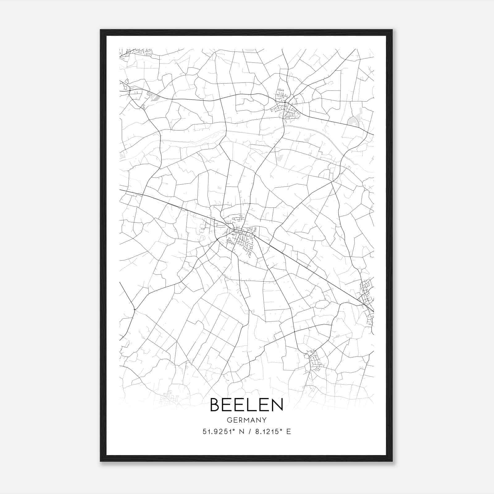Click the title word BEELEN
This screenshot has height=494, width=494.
(246, 405)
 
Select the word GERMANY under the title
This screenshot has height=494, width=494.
(246, 420)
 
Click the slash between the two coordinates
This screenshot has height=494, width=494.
(248, 432)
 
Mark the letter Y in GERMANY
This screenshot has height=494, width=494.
(264, 420)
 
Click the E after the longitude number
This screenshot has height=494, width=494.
(289, 432)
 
